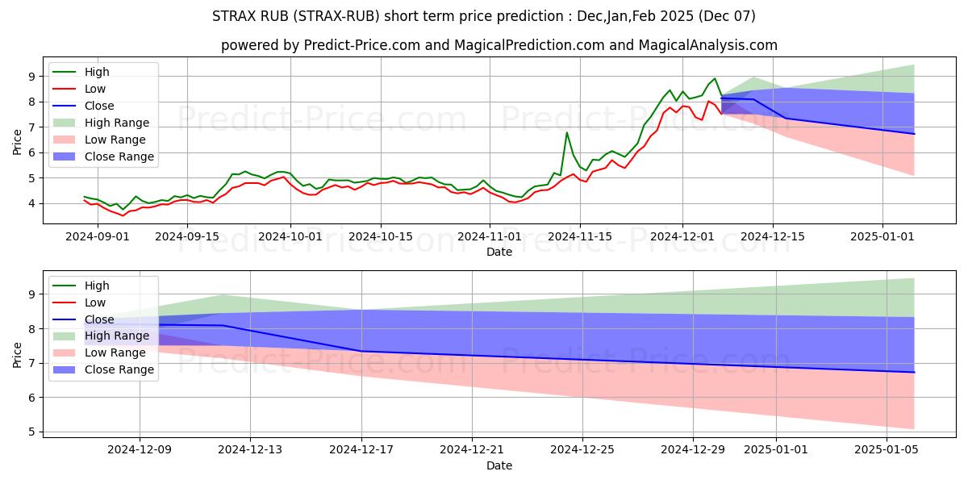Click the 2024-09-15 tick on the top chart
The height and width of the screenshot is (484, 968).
[x=187, y=236]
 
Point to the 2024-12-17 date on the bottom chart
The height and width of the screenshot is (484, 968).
[x=361, y=450]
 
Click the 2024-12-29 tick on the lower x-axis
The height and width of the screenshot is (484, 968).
[x=694, y=450]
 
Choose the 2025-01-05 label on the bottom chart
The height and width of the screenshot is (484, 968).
[x=886, y=450]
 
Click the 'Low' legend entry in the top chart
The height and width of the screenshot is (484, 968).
[x=95, y=89]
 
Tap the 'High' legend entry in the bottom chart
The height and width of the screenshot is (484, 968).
[x=97, y=286]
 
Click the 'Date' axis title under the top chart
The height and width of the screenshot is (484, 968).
[x=499, y=252]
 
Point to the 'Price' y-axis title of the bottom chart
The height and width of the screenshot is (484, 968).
[x=17, y=354]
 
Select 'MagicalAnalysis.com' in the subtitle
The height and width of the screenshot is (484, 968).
[x=708, y=45]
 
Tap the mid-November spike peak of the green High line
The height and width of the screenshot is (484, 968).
[x=567, y=132]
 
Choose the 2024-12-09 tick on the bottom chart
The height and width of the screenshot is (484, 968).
[x=140, y=450]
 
